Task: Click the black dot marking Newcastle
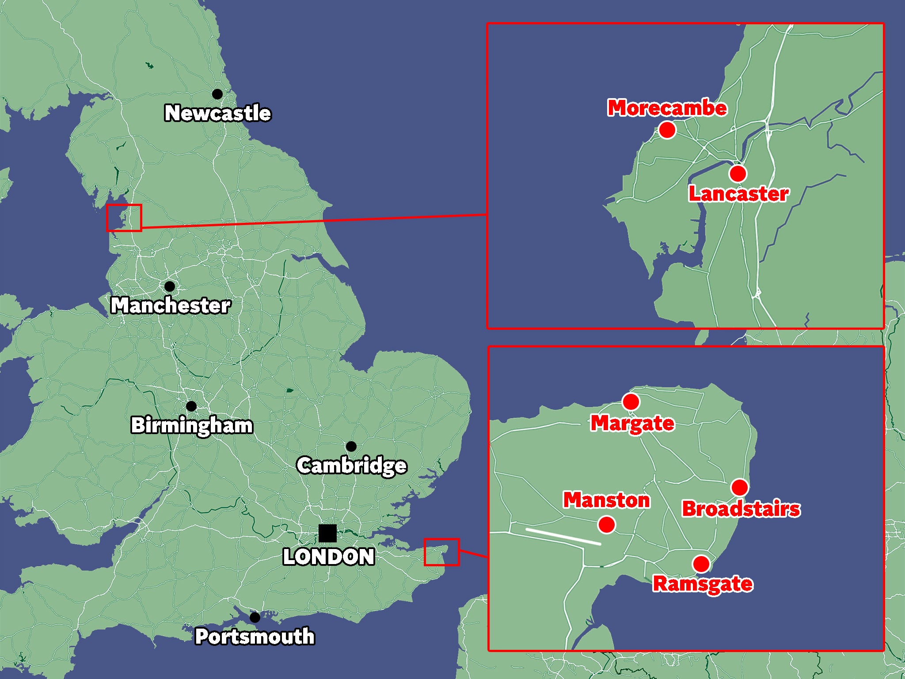point(217,94)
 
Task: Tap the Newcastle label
point(217,113)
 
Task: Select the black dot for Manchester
point(170,286)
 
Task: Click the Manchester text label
point(171,305)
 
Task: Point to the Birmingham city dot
point(191,406)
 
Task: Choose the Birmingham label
point(192,425)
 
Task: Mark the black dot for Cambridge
point(351,446)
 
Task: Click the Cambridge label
point(352,465)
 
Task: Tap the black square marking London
point(327,533)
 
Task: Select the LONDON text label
point(329,557)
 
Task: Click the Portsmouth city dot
point(255,617)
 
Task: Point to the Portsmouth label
point(255,637)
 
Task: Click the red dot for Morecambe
point(667,130)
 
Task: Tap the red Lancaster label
point(738,194)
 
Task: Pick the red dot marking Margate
point(631,402)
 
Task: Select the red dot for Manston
point(606,525)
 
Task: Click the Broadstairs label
point(741,509)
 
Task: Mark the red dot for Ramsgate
point(701,564)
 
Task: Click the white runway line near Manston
point(563,536)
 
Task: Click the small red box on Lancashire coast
point(124,217)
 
